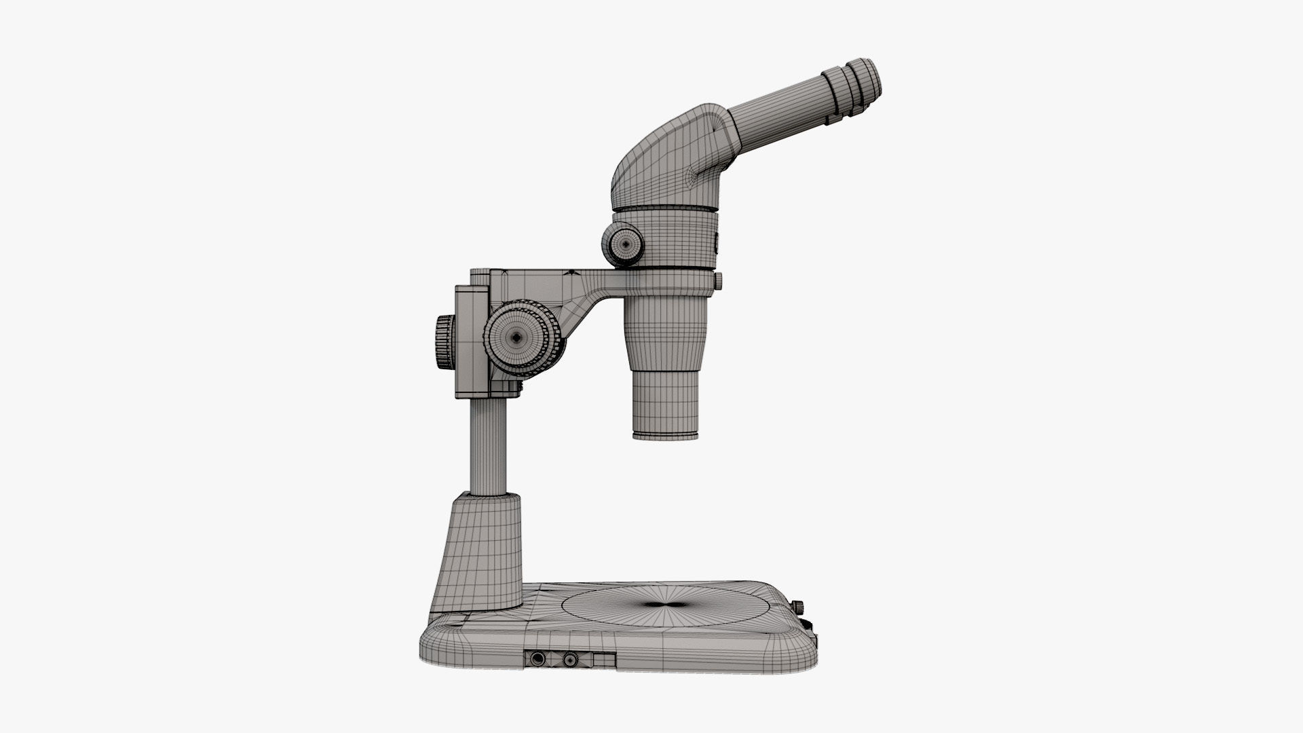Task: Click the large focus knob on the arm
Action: click(x=517, y=337)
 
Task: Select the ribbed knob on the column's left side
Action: click(x=445, y=341)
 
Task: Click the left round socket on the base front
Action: click(x=538, y=659)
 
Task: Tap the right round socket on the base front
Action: click(x=570, y=659)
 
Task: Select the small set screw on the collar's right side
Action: click(x=719, y=280)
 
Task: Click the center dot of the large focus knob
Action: click(x=517, y=337)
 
